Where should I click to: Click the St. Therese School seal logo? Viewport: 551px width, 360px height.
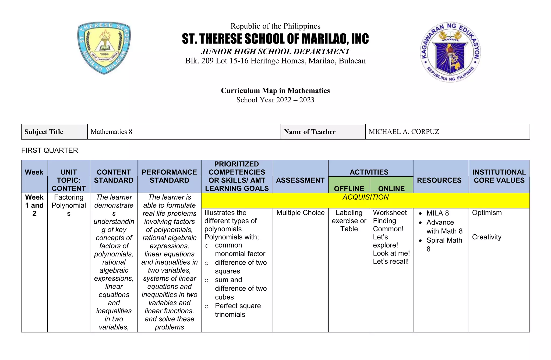point(104,48)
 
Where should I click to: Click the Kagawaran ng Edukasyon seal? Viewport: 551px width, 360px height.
point(450,52)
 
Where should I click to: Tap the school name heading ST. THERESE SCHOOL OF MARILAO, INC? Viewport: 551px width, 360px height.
point(275,39)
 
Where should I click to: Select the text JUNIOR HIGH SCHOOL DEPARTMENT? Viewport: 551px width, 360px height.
point(275,51)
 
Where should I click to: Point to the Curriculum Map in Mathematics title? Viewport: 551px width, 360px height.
point(275,91)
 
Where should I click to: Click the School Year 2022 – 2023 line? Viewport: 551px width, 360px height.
point(275,100)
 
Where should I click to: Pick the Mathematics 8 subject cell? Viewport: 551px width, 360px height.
point(111,132)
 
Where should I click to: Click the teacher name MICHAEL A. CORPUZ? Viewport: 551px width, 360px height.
point(404,132)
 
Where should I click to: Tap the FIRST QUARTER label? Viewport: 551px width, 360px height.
point(50,150)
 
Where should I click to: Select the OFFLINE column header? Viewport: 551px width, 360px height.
point(349,188)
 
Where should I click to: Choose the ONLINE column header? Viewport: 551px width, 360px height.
point(391,188)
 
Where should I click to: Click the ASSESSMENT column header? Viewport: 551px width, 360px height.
point(300,180)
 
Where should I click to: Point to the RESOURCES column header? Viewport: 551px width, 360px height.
point(439,180)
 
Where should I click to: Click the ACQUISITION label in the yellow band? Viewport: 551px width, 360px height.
point(365,197)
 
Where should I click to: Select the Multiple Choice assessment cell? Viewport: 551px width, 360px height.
point(300,213)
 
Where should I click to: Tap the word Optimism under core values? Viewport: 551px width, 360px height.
point(487,213)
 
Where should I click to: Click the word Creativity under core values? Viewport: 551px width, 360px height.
point(486,237)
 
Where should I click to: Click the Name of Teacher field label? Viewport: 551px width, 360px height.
point(310,132)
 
